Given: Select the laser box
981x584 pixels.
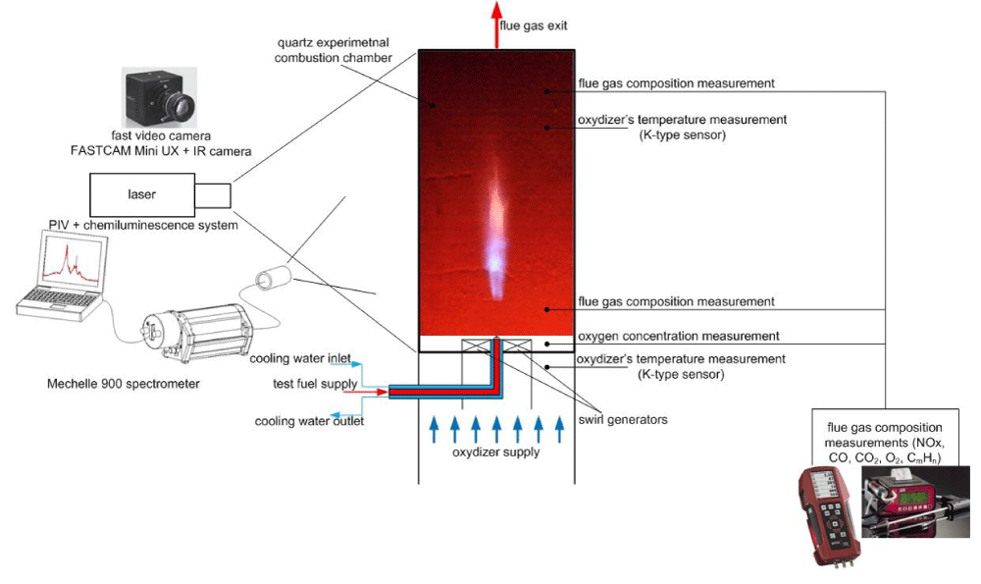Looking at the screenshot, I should (142, 194).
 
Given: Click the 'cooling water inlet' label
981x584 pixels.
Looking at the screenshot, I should (300, 358).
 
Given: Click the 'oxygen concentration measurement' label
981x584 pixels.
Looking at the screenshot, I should (679, 336).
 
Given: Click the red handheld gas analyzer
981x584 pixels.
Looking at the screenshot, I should (828, 513).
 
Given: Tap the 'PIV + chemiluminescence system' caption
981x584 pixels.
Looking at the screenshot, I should (143, 226).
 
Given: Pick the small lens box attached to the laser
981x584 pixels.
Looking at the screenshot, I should (213, 194).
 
